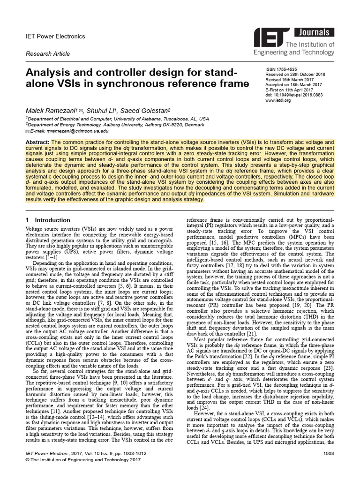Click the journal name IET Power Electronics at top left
[x=55, y=36]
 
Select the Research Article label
[x=48, y=54]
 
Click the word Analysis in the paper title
[x=52, y=73]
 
